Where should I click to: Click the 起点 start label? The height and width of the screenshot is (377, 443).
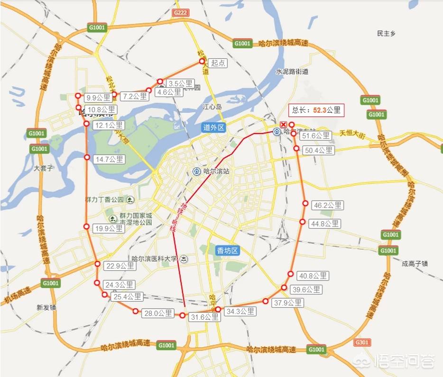(x=218, y=63)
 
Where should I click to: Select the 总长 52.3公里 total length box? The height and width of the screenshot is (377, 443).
(x=316, y=110)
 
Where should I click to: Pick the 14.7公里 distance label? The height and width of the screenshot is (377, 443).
(x=109, y=159)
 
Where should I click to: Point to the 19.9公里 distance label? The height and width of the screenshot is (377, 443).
(x=109, y=229)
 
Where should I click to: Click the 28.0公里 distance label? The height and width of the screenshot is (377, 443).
(x=158, y=313)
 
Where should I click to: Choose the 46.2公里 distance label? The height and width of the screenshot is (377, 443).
(x=327, y=206)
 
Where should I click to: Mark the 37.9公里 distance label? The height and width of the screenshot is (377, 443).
(x=287, y=303)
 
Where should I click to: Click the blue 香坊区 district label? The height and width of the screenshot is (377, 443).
(x=227, y=251)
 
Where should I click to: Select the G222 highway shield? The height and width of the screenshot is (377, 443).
(x=180, y=13)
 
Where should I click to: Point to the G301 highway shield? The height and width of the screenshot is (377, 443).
(x=362, y=342)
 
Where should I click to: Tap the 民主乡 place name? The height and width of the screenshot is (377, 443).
(x=386, y=34)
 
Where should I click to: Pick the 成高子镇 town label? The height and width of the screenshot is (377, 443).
(x=415, y=264)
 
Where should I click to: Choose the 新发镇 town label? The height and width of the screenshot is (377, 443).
(x=46, y=307)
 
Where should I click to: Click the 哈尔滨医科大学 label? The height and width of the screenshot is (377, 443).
(x=154, y=259)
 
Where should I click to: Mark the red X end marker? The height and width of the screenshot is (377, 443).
(x=284, y=123)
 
